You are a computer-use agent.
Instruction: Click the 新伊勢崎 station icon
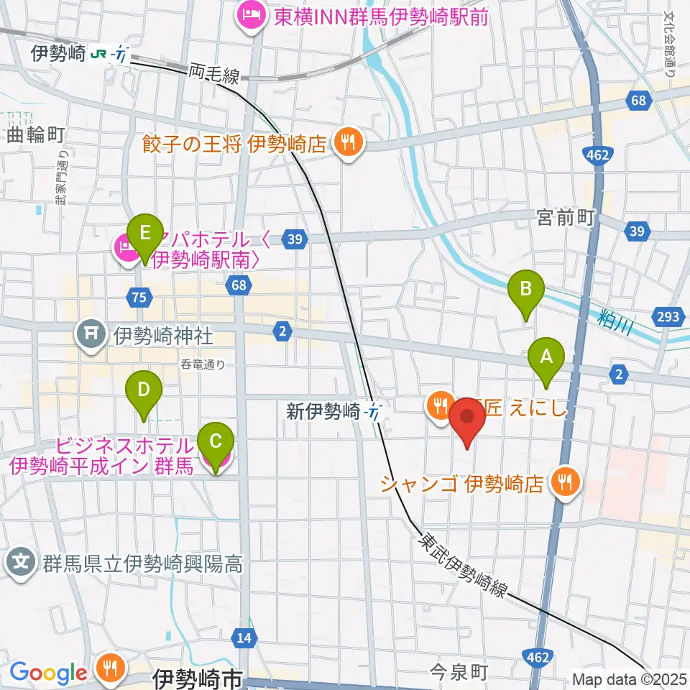374,412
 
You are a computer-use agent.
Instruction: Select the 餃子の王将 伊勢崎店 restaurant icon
349,141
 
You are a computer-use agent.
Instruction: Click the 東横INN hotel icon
250,15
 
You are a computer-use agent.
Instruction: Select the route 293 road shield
668,316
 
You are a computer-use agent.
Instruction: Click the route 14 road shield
244,637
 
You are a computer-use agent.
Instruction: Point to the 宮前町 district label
566,218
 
